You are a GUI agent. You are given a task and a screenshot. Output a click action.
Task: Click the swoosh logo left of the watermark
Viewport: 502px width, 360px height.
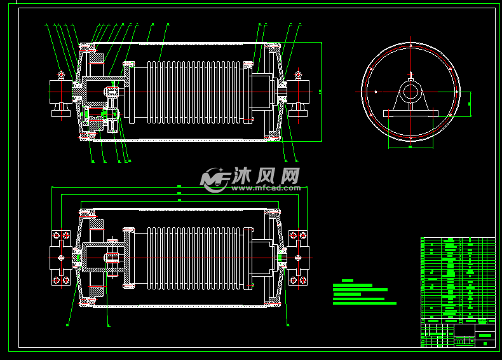214,179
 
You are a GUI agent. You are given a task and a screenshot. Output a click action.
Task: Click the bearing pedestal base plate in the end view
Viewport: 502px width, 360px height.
410,113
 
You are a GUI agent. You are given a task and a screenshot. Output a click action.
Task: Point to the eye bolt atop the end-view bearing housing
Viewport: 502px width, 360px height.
410,75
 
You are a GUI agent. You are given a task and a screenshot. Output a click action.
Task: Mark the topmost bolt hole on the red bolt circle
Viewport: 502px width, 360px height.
410,46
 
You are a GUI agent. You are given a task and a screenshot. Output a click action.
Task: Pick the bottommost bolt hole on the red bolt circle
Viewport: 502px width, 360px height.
410,137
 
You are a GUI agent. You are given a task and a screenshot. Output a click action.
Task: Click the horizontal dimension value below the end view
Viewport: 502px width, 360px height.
410,147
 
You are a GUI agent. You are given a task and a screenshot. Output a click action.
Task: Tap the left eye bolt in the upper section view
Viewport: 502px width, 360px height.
61,75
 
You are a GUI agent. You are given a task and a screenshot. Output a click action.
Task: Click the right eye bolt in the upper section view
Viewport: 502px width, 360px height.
297,76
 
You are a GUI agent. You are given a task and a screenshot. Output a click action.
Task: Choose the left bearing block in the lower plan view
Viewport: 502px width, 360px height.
61,258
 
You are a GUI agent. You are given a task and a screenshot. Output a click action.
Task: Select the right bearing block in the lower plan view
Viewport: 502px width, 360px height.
297,258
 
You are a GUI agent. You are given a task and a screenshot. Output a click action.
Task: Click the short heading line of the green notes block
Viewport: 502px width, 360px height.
347,280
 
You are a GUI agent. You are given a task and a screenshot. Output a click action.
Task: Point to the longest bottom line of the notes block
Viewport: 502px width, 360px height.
364,303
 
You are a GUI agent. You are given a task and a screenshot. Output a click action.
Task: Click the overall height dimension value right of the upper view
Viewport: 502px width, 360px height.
320,92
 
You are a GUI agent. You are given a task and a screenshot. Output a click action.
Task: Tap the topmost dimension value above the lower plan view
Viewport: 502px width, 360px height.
179,186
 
